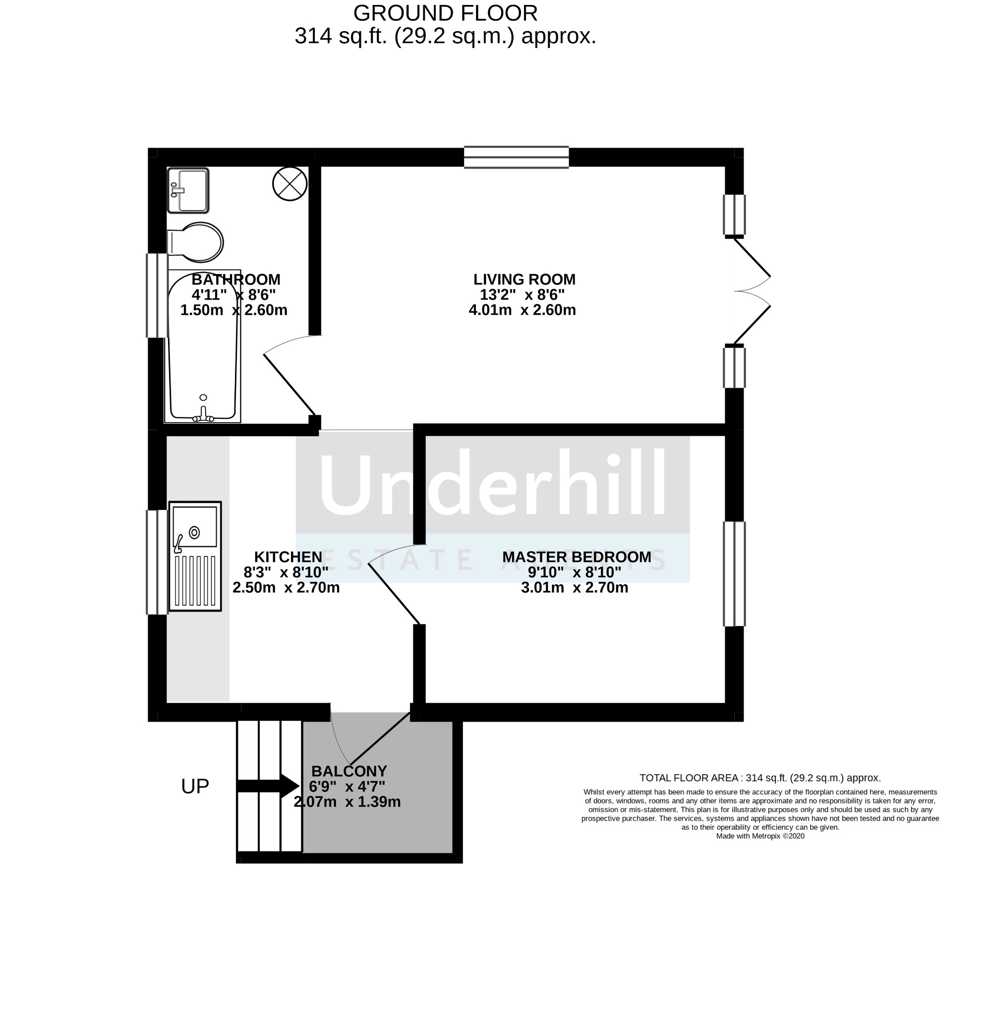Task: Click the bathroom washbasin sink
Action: click(x=188, y=190)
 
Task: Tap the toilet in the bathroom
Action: click(x=196, y=242)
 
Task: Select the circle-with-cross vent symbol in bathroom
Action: click(x=290, y=183)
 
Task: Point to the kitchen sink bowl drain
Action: click(x=195, y=532)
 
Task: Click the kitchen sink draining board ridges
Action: click(x=195, y=580)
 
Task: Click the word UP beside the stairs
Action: click(x=195, y=786)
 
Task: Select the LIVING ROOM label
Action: click(x=524, y=279)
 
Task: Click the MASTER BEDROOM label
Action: click(x=577, y=557)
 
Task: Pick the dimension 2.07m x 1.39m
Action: click(x=347, y=802)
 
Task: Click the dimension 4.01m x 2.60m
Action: click(x=522, y=310)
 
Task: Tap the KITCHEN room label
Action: click(x=288, y=557)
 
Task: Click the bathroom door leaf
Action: click(x=290, y=384)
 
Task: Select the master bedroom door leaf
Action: click(x=394, y=593)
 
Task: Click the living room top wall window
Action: click(x=517, y=157)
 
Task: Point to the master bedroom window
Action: click(x=734, y=574)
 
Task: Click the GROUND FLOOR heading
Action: click(x=445, y=13)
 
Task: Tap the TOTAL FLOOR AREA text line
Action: click(x=759, y=777)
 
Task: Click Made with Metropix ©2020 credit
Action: click(x=759, y=836)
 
